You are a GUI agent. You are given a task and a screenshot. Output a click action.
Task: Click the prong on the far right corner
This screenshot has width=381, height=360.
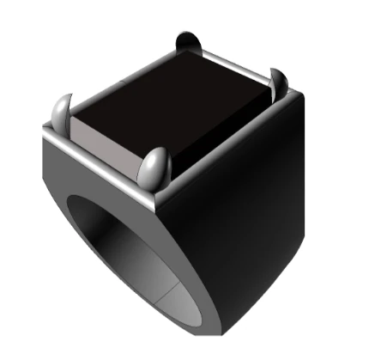(277, 82)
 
